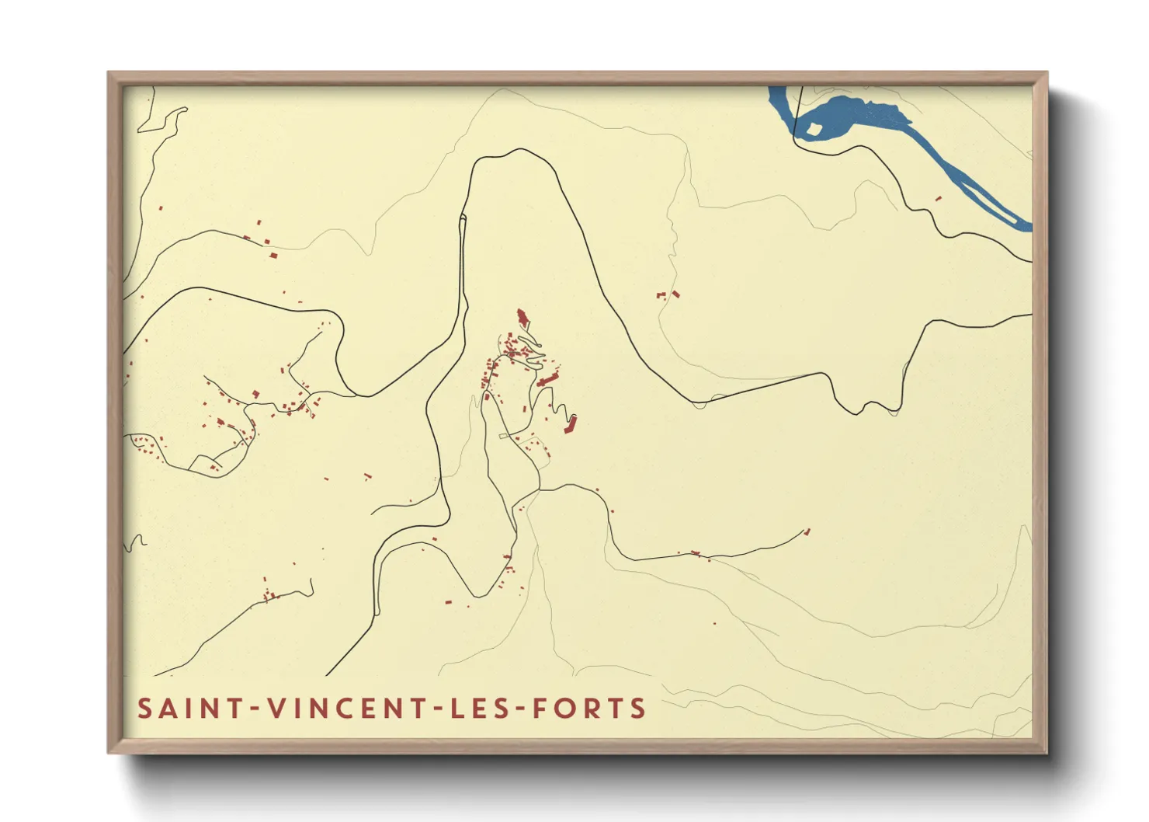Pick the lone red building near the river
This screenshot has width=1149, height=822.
click(938, 199)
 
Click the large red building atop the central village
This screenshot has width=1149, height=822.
click(522, 317)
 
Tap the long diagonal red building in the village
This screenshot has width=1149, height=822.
click(547, 379)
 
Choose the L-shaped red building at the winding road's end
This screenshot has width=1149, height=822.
click(571, 426)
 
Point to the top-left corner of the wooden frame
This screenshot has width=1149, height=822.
click(109, 73)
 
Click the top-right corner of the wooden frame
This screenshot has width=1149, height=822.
click(1047, 73)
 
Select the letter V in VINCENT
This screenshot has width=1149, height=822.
click(277, 709)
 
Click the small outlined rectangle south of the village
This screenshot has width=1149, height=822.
click(502, 436)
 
